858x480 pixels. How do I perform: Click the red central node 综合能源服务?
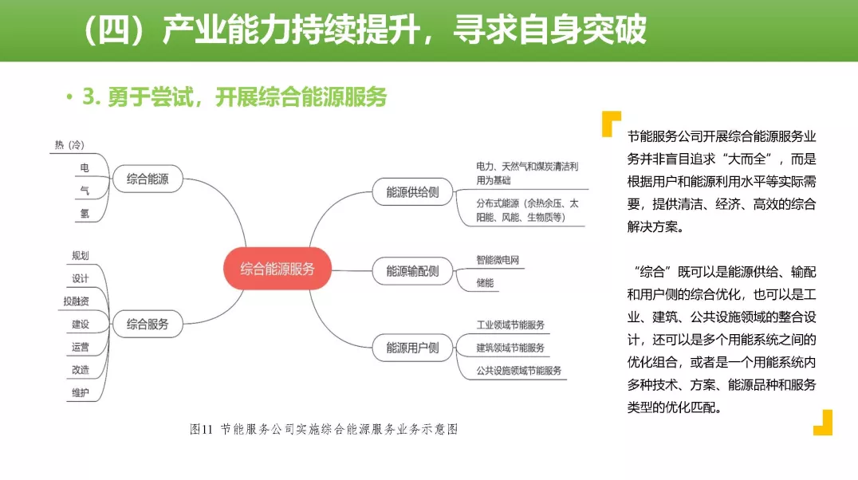(x=277, y=269)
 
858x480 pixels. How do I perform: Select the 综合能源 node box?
(x=148, y=179)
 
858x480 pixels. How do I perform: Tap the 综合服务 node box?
(x=148, y=324)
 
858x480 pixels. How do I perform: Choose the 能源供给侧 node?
(x=412, y=192)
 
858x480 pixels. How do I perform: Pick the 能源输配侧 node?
(x=412, y=271)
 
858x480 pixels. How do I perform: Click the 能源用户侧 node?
(x=412, y=348)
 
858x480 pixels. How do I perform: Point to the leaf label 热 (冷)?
(x=69, y=145)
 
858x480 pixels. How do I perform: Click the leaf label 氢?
(x=85, y=214)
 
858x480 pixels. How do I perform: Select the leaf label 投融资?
(x=76, y=301)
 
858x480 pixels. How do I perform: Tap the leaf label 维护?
(x=81, y=392)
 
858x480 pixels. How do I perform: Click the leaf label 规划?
(x=81, y=256)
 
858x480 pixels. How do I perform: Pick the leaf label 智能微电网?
(x=498, y=260)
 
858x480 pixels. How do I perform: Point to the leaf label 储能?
(x=485, y=283)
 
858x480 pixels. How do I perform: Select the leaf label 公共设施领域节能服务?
(x=519, y=371)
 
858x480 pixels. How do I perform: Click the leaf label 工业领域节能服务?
(x=510, y=325)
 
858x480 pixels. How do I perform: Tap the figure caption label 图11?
(x=201, y=429)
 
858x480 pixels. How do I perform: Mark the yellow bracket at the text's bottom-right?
(x=823, y=423)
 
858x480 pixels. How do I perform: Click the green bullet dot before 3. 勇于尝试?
(x=69, y=96)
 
